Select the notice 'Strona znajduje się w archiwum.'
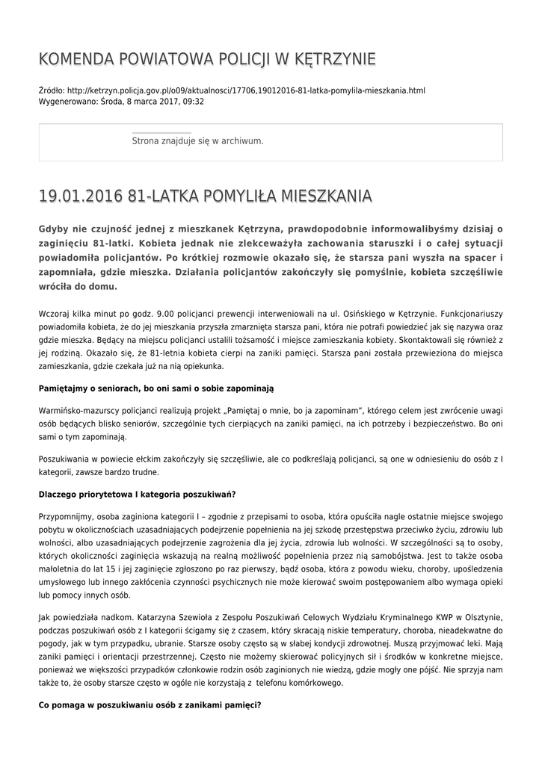coord(197,140)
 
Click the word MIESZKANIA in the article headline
coord(323,196)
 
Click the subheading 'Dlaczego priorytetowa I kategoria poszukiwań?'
coord(137,495)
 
